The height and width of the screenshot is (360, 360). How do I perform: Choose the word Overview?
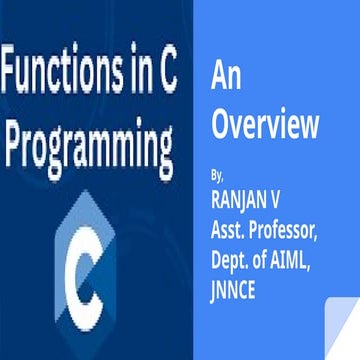click(x=266, y=127)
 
